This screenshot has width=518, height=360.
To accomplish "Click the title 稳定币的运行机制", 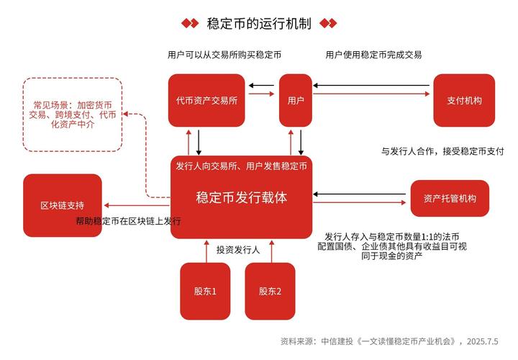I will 258,23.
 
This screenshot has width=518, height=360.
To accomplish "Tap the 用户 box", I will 295,101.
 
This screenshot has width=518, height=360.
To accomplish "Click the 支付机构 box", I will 464,101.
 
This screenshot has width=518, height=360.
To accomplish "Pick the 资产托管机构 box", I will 450,198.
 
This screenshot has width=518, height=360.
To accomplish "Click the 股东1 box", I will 205,292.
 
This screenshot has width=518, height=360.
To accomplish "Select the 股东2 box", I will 270,292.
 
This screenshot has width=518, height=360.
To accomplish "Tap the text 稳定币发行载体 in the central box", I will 241,197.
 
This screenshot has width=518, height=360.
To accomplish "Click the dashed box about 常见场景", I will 72,114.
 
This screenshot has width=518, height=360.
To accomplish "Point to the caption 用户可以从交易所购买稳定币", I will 224,55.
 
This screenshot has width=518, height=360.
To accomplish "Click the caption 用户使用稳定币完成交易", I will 373,55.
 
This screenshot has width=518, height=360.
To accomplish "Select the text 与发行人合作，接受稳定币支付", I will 442,151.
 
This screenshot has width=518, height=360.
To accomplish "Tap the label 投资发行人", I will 237,250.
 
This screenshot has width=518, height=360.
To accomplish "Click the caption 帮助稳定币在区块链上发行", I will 128,221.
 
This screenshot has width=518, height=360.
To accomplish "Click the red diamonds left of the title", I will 189,23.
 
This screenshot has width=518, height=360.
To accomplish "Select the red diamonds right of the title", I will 328,23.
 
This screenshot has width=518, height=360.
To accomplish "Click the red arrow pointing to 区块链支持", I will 137,207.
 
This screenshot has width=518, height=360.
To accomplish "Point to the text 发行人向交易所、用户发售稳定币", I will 241,166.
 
